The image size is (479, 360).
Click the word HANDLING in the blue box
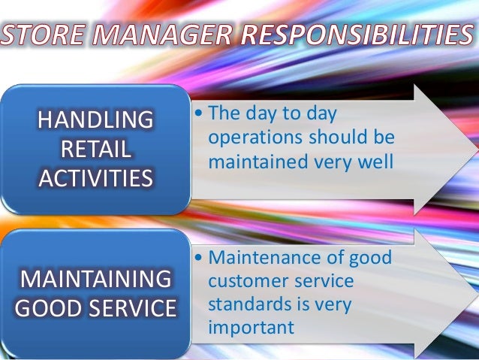(x=95, y=120)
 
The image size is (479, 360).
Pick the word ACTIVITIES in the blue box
(x=95, y=178)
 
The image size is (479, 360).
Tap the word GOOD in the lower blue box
(x=53, y=309)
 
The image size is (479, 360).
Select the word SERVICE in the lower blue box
(x=135, y=309)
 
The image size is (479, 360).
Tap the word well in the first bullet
(x=375, y=162)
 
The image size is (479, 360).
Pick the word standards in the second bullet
(x=247, y=304)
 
